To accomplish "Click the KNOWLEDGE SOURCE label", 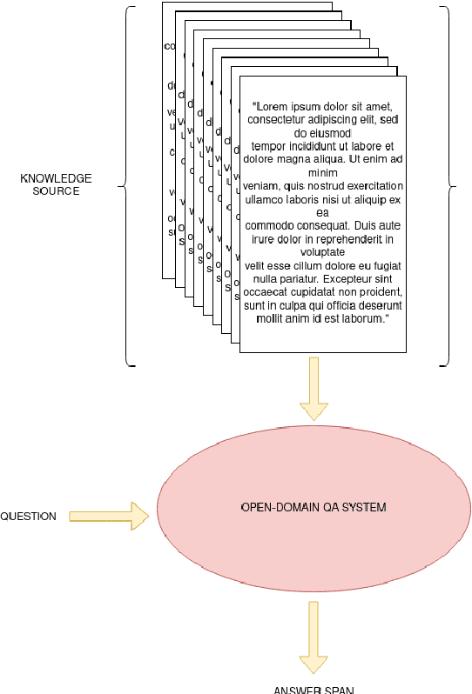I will tap(56, 184).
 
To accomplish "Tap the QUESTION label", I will tap(28, 517).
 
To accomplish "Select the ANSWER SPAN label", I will tap(314, 690).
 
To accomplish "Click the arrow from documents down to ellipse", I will tap(314, 388).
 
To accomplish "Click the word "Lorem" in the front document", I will tap(270, 106).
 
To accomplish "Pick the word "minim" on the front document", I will tap(322, 172).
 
